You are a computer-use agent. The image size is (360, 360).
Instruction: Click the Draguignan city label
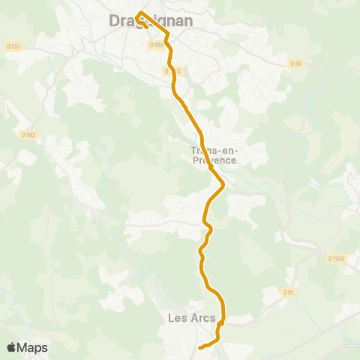point(151,22)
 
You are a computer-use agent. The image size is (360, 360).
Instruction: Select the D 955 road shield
point(156,45)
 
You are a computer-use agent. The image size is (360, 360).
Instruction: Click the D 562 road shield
point(28,135)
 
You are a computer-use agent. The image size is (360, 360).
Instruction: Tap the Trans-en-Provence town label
point(214,155)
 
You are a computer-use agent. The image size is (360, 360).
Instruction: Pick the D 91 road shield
point(288,292)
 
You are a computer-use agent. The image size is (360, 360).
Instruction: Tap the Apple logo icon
point(11,347)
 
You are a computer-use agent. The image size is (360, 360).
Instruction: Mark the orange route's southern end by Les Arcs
point(199,348)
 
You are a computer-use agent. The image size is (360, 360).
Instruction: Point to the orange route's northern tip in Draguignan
point(140,12)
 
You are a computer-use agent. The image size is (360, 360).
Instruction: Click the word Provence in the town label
point(214,160)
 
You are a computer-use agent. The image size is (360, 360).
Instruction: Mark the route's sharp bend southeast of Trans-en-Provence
point(223,184)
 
